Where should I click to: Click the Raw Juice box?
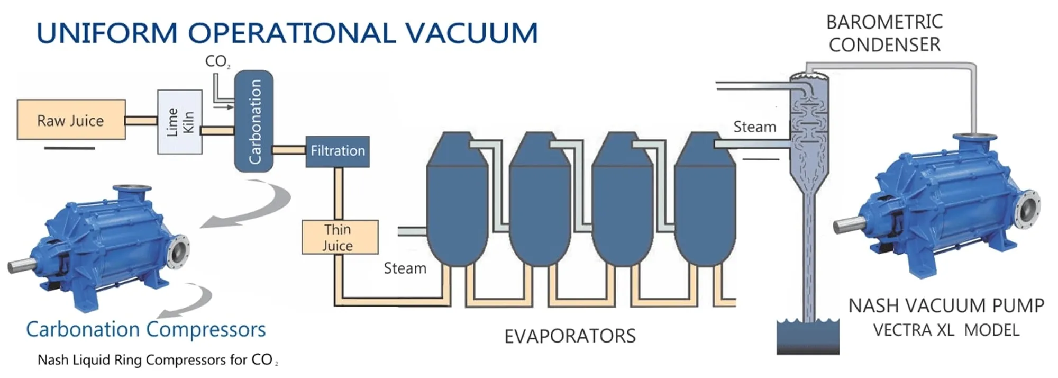[71, 120]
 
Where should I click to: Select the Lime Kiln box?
[180, 122]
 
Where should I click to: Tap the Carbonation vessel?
[254, 121]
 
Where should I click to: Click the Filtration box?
[338, 151]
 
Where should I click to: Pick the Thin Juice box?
[340, 237]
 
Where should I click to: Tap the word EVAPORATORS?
[570, 336]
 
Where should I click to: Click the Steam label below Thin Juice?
[405, 268]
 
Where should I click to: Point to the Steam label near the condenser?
[754, 127]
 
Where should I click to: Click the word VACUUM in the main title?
[472, 33]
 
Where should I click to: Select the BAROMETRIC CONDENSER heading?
[884, 33]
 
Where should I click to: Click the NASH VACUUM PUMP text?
[946, 306]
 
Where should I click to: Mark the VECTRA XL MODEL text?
[946, 330]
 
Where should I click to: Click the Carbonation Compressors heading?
[145, 329]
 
